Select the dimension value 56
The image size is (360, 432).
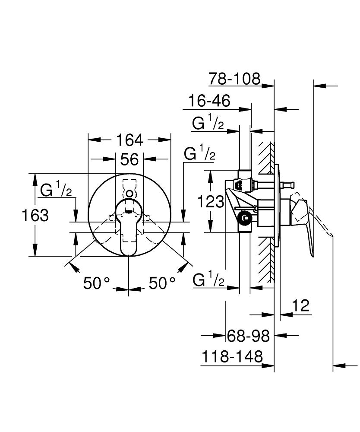click(x=129, y=159)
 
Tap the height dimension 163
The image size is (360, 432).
click(x=35, y=215)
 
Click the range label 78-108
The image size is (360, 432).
click(x=235, y=79)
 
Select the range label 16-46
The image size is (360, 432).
click(x=209, y=102)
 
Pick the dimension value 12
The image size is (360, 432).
click(x=301, y=306)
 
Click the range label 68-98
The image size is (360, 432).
click(x=248, y=336)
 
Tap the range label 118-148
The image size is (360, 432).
click(x=232, y=357)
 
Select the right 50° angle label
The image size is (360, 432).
click(x=162, y=283)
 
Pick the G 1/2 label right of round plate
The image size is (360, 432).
click(x=199, y=154)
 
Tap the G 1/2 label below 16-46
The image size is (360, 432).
click(x=208, y=124)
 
